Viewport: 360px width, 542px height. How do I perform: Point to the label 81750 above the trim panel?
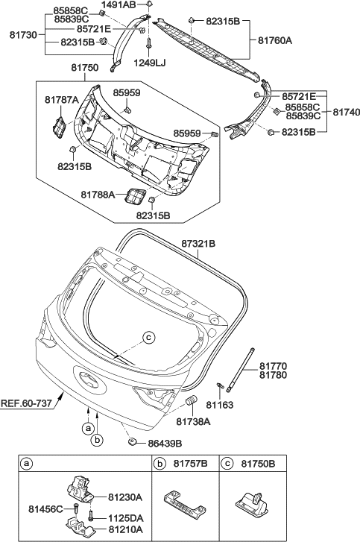84,68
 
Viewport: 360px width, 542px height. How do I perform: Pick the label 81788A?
78,195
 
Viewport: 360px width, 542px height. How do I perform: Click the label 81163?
221,406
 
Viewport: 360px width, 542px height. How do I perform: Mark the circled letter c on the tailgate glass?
148,338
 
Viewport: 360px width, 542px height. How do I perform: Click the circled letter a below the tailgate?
88,428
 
